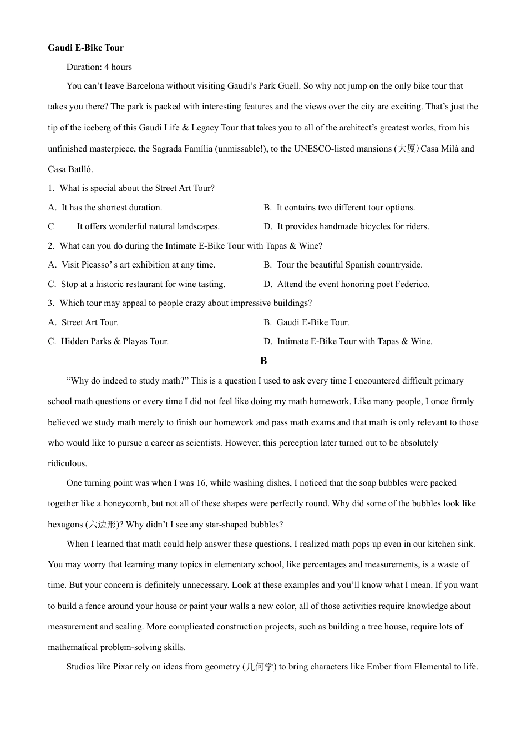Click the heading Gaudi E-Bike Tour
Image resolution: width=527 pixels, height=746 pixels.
click(x=85, y=48)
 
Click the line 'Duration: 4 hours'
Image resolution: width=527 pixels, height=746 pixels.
click(x=99, y=67)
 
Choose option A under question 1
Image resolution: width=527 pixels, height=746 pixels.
click(x=105, y=208)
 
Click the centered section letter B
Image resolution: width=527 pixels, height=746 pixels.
click(x=263, y=361)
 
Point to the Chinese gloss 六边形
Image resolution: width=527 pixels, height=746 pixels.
click(x=103, y=525)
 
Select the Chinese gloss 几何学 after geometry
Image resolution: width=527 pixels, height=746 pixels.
click(x=259, y=667)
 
